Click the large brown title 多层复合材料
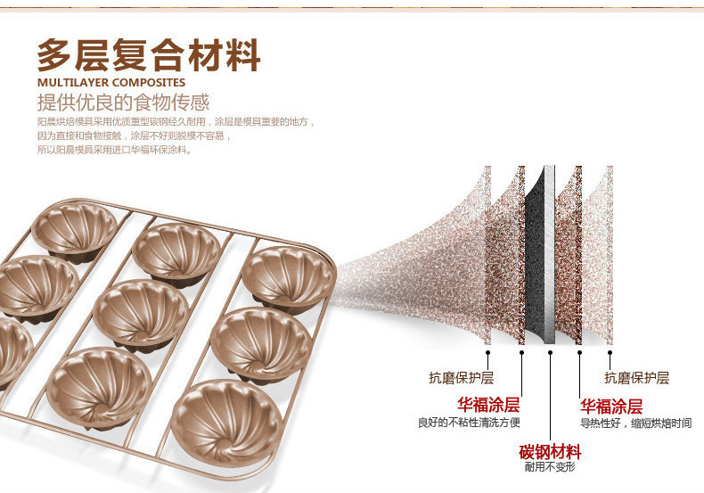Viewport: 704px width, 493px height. pos(148,55)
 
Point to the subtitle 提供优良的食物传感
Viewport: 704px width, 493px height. pos(123,103)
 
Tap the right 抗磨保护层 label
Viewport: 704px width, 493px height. pos(636,378)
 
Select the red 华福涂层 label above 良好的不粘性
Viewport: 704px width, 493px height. pos(488,404)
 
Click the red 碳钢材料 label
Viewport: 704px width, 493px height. pos(550,451)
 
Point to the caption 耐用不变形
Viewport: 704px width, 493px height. pos(550,467)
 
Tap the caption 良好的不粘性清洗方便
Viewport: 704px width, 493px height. pos(470,423)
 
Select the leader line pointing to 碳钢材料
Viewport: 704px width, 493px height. pos(551,392)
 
